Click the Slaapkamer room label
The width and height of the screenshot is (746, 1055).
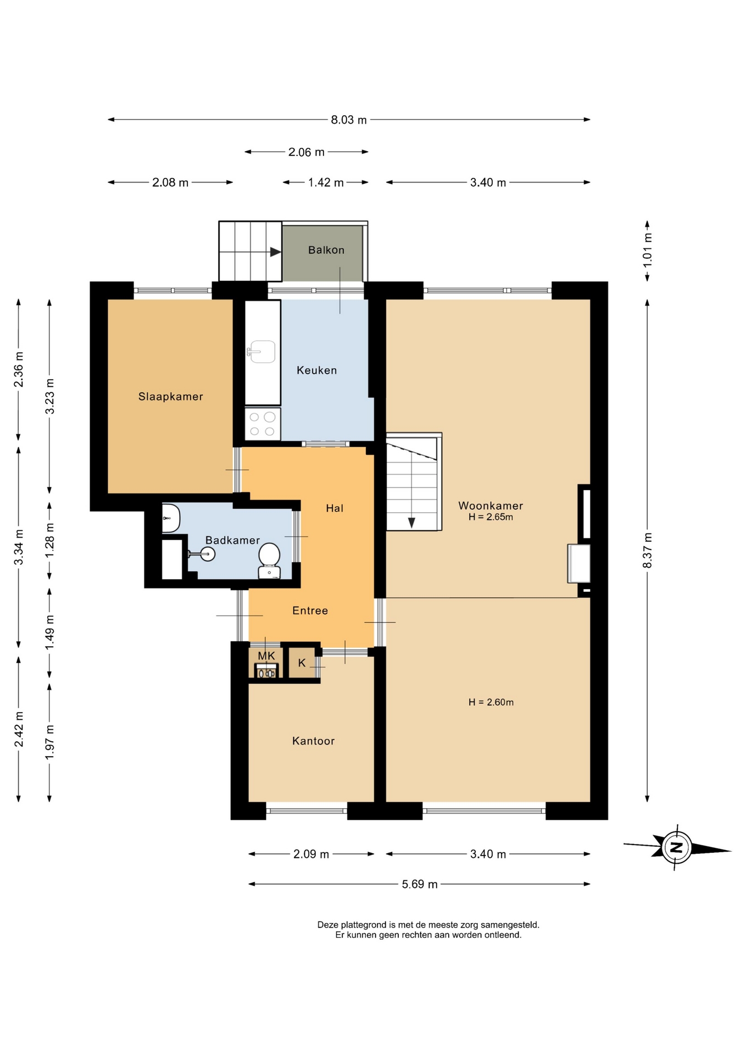point(170,397)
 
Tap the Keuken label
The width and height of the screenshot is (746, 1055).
point(316,370)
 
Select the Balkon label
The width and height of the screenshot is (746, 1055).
point(326,250)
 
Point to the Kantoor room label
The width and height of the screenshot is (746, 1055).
point(313,741)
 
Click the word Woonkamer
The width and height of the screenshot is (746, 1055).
point(491,506)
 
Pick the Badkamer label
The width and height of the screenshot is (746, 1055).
point(232,540)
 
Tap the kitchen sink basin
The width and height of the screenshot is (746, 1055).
point(263,352)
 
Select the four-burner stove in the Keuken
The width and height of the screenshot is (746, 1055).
point(263,424)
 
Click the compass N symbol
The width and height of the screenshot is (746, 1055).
point(676,847)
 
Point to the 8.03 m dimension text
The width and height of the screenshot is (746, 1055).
point(349,120)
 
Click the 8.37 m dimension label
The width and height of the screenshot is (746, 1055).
point(648,550)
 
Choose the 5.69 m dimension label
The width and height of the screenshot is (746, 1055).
point(420,884)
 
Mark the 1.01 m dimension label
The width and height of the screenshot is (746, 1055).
point(648,250)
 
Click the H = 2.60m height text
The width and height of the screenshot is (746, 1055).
point(491,702)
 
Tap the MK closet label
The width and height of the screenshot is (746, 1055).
point(266,656)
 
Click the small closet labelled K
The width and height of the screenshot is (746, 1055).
point(302,663)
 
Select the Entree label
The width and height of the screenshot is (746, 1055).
point(310,610)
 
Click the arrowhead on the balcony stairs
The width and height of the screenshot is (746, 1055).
point(276,252)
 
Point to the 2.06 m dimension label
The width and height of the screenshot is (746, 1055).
point(307,152)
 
